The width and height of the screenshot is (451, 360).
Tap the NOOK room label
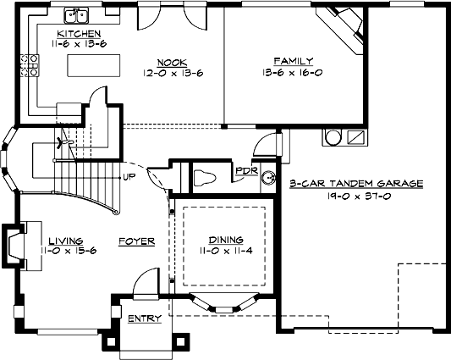tap(171, 62)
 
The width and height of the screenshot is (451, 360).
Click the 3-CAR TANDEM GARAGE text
tap(355, 183)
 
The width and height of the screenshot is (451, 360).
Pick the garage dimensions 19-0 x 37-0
tap(355, 195)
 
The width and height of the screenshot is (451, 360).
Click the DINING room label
tap(226, 240)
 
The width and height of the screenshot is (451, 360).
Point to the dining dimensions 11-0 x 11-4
tap(226, 251)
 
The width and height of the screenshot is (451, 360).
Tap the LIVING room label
tap(65, 240)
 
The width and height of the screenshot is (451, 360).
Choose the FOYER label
tap(136, 241)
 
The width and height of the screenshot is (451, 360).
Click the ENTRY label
tap(144, 319)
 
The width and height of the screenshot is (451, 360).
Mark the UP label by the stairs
tap(129, 177)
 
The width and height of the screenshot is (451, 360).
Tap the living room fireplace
tap(19, 246)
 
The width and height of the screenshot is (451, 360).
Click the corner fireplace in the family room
tap(344, 26)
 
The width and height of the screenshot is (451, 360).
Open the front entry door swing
tap(146, 283)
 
